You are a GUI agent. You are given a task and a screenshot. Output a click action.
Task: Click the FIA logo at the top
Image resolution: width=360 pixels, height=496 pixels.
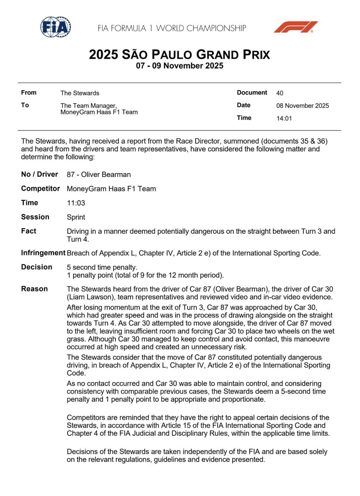point(55,27)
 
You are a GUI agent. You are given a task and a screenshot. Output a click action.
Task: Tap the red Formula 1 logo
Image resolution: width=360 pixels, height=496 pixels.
point(296,27)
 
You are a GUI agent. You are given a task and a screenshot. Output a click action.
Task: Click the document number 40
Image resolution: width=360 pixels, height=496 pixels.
point(280,93)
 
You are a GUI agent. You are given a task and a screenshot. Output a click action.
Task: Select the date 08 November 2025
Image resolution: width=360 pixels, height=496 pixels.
point(302,106)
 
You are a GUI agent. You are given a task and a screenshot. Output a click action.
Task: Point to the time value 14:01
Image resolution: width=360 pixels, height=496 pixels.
point(284,118)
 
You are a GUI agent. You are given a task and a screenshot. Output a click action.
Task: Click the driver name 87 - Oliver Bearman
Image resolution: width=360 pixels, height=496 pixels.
point(99,174)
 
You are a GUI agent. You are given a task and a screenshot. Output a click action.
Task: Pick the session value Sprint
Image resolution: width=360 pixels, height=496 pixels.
point(76,217)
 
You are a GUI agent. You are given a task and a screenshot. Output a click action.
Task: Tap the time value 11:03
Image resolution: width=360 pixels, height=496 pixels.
point(76,203)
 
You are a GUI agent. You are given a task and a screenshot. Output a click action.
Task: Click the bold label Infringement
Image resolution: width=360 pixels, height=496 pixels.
point(43,253)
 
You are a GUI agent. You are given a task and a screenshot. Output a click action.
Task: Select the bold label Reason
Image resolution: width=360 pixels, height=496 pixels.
point(34,289)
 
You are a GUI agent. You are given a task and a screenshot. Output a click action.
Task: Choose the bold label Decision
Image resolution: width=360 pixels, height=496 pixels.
point(36,267)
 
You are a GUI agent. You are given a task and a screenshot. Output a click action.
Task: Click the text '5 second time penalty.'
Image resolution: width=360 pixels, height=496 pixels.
point(102,267)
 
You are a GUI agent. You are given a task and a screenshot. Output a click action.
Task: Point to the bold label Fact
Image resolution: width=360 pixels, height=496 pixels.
point(28,231)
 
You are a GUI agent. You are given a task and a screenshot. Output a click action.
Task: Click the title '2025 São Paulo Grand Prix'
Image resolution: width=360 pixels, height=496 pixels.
point(179,55)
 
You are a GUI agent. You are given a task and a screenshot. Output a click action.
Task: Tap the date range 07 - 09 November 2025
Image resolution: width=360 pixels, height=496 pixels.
point(180,66)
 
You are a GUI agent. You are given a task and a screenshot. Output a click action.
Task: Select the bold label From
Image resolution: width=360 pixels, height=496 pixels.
point(28,93)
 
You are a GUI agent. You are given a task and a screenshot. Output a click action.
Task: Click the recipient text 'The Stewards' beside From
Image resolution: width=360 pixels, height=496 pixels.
point(80,93)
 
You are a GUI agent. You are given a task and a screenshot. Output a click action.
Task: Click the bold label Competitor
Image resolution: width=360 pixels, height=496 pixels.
point(40,189)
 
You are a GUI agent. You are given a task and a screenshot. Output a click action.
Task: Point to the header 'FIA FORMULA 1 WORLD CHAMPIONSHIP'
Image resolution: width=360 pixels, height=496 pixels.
point(172,28)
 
